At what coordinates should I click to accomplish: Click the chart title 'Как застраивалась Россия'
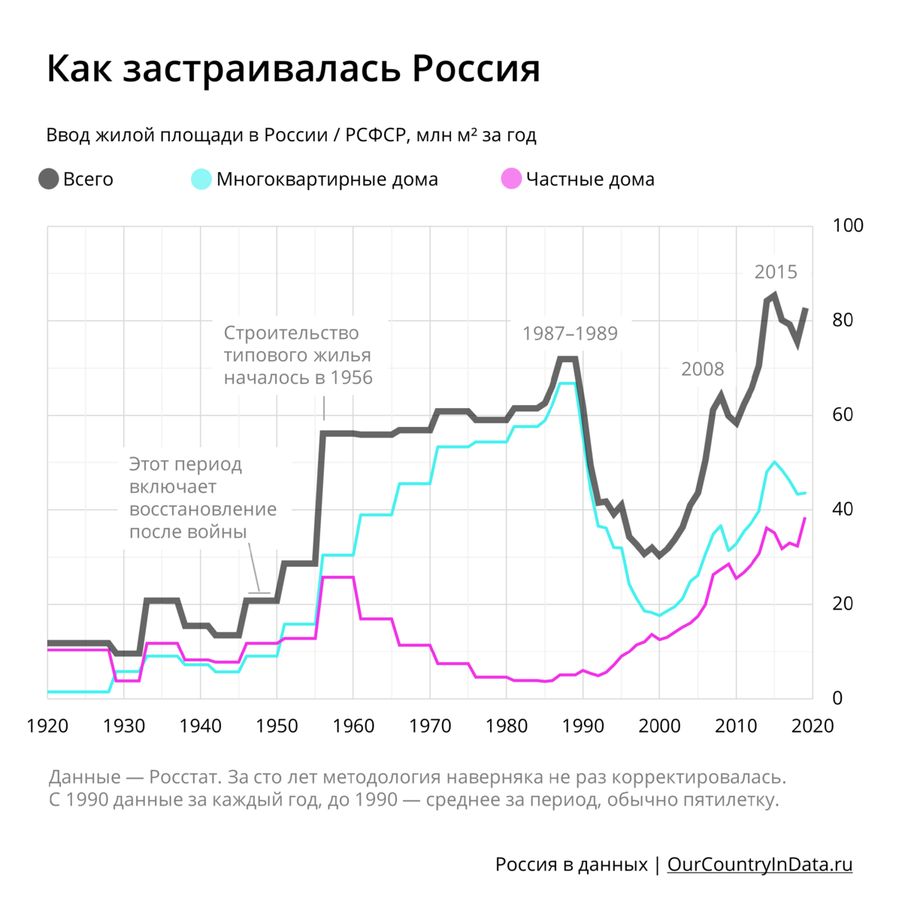293,69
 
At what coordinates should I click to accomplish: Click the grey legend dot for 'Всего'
49,180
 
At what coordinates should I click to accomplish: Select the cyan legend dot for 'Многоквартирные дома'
201,180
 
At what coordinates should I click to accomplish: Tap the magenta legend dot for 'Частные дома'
511,180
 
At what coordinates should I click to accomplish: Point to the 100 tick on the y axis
849,225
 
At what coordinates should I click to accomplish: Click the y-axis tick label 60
843,415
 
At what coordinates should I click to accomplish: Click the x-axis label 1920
47,726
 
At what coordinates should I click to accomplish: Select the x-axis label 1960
353,726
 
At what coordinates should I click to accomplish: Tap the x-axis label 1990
583,726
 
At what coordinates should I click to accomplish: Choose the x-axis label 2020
813,726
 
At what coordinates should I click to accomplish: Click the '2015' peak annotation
776,272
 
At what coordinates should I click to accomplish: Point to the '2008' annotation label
702,369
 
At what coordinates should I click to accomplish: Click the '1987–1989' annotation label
570,334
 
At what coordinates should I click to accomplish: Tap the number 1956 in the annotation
352,377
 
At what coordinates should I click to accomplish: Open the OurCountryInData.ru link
760,864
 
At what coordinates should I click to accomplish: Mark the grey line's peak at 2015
774,295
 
